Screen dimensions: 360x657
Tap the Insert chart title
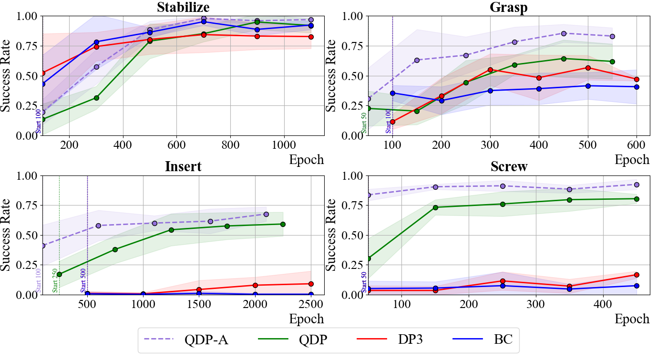(183, 166)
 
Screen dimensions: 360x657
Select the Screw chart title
(509, 166)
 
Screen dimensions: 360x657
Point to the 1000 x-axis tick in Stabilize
(284, 144)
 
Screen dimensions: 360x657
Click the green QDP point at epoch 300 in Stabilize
(96, 98)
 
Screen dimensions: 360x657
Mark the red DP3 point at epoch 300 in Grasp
(490, 70)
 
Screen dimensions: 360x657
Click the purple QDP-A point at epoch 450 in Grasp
(564, 33)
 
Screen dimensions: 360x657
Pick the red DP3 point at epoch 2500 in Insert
(311, 284)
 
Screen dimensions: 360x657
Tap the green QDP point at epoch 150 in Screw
(436, 207)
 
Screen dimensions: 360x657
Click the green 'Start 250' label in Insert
(55, 280)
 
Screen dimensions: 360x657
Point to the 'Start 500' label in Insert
(83, 280)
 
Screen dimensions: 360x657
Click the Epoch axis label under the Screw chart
(632, 319)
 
